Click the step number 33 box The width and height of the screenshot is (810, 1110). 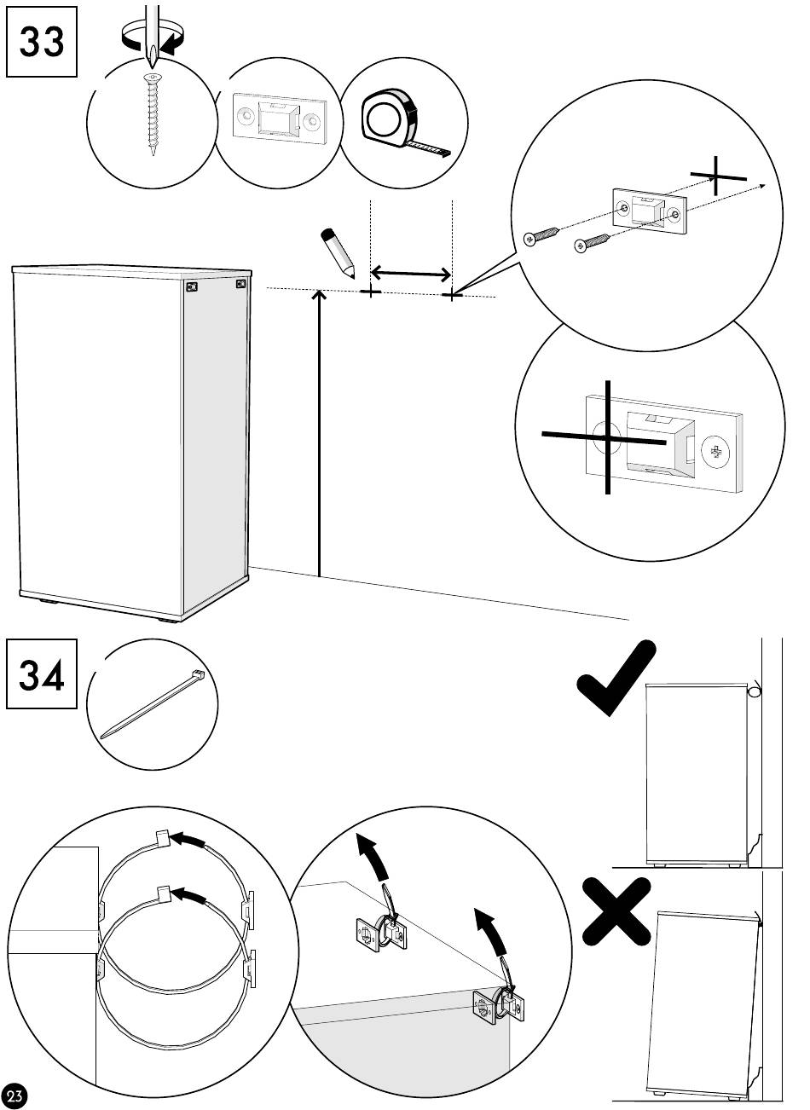(x=42, y=40)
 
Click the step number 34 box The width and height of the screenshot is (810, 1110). (x=42, y=676)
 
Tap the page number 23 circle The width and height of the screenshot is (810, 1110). (x=16, y=1095)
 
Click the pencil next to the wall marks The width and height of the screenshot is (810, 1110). (x=337, y=251)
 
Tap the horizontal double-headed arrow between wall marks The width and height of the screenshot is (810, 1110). (x=410, y=274)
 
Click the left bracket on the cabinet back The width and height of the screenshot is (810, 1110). (x=192, y=286)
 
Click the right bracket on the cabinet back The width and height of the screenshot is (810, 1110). (x=240, y=284)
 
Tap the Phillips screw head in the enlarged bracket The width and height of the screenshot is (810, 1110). (x=715, y=451)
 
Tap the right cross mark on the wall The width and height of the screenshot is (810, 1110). (x=451, y=294)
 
